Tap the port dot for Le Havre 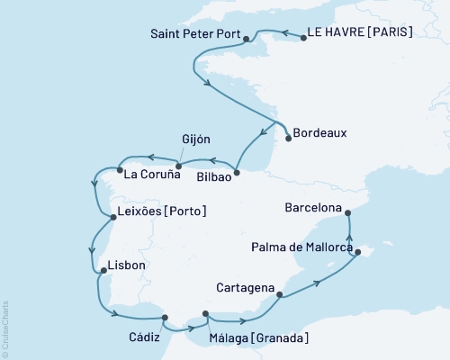point(302,39)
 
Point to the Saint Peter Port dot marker point(246,40)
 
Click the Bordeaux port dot point(288,138)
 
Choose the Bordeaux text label point(323,133)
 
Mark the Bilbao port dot point(237,172)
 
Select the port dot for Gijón point(178,166)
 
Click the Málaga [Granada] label point(258,337)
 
